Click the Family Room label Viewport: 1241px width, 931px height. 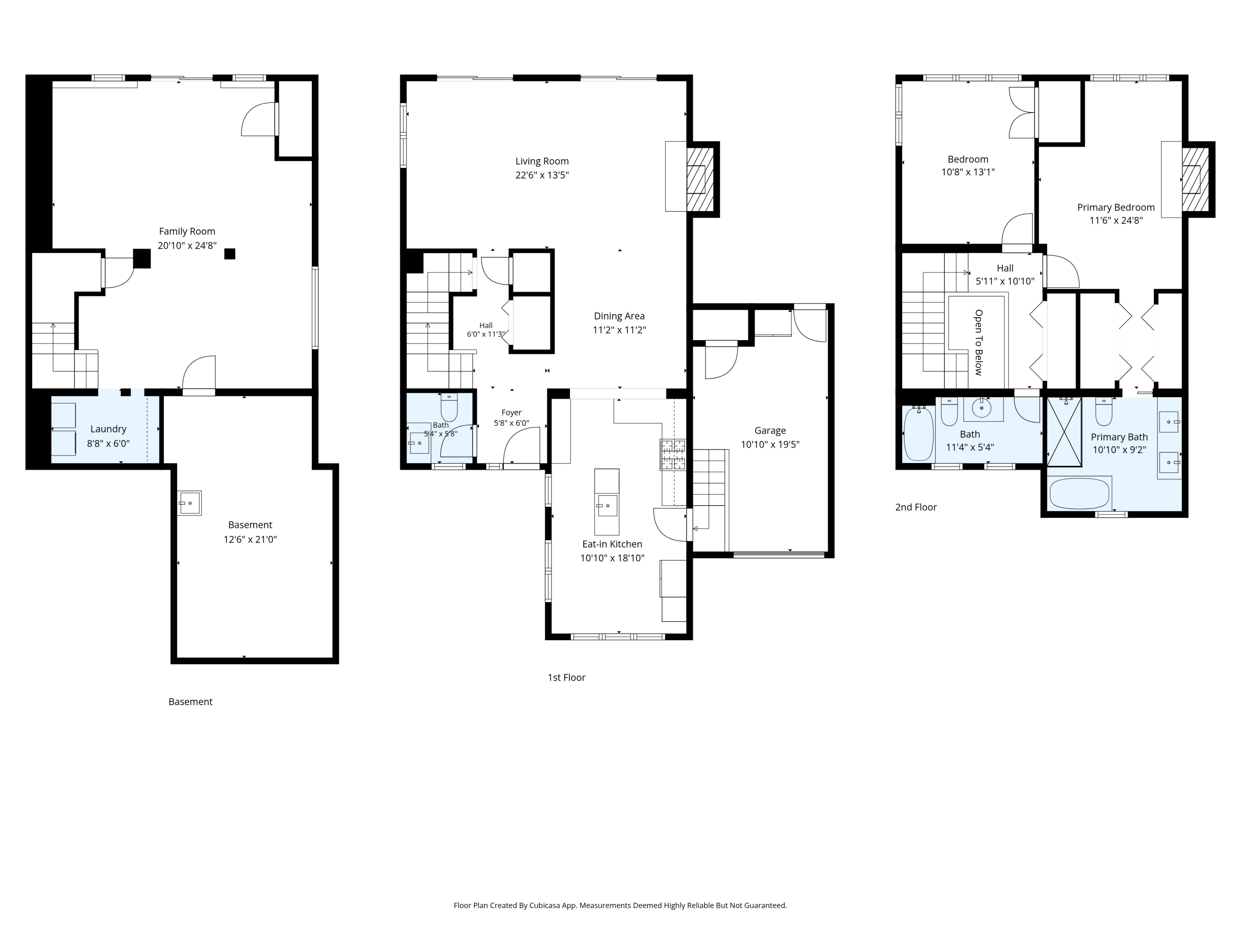pos(187,231)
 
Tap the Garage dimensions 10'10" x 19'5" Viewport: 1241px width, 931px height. pos(770,444)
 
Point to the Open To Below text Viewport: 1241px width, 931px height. pos(978,342)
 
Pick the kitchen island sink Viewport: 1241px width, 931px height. pos(607,506)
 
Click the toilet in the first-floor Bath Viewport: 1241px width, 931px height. pos(449,408)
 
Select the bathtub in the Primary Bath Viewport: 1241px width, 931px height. pos(1079,494)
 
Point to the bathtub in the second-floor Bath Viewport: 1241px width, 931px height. pos(918,433)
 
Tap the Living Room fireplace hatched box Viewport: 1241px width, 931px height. pos(700,180)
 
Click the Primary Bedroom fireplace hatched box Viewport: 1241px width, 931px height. pos(1195,180)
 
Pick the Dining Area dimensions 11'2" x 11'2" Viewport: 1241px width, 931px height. pos(619,330)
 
